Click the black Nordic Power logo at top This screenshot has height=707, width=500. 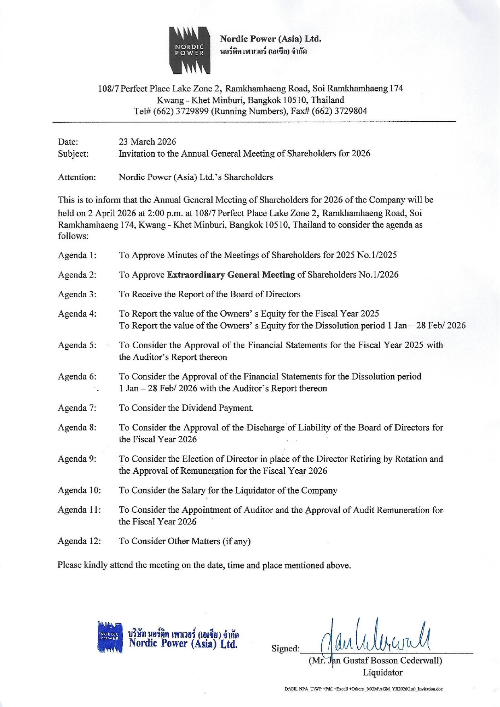pyautogui.click(x=190, y=50)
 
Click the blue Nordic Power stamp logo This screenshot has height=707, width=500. pyautogui.click(x=110, y=637)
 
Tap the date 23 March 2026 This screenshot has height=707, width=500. pyautogui.click(x=147, y=142)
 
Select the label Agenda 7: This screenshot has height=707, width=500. pyautogui.click(x=77, y=408)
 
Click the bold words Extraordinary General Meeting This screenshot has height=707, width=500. pyautogui.click(x=231, y=275)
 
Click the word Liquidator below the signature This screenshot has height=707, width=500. pyautogui.click(x=382, y=672)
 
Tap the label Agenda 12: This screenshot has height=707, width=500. pyautogui.click(x=79, y=541)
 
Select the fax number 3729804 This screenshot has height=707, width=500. pyautogui.click(x=350, y=111)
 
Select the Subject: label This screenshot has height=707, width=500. pyautogui.click(x=73, y=154)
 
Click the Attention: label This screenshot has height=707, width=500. pyautogui.click(x=77, y=177)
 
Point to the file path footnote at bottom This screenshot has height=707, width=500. pyautogui.click(x=363, y=689)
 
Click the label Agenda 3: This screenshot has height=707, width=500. pyautogui.click(x=77, y=294)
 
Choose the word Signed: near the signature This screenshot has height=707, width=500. pyautogui.click(x=285, y=649)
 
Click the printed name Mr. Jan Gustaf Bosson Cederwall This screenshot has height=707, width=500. pyautogui.click(x=375, y=661)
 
